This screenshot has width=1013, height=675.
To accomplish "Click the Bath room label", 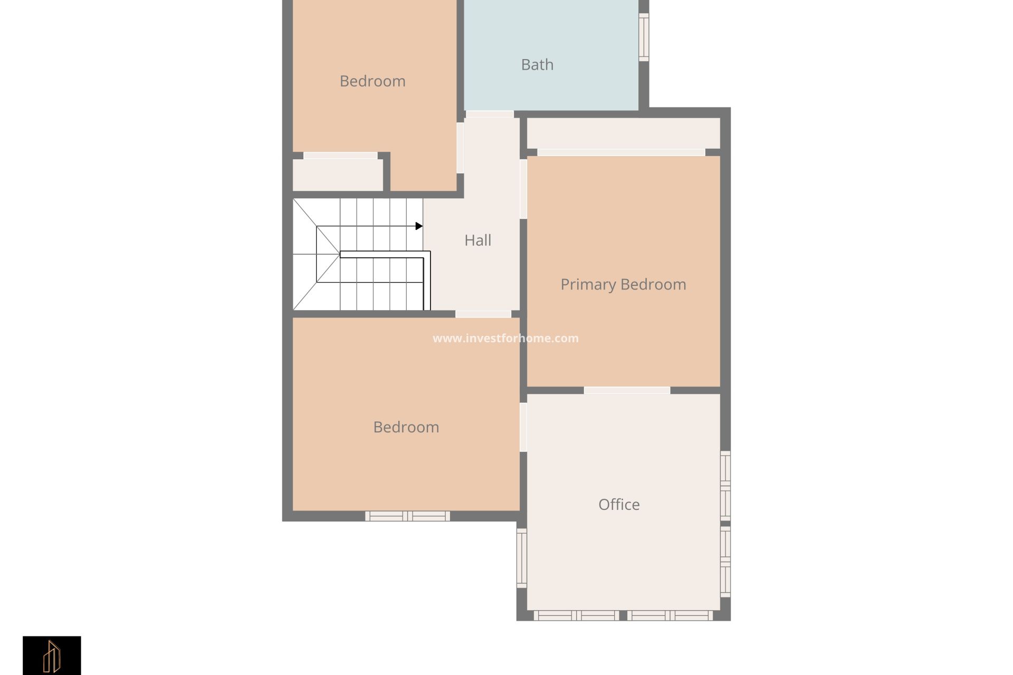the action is tap(537, 65).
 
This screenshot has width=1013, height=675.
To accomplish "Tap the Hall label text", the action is tap(477, 240).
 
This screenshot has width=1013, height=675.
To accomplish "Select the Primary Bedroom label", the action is tap(623, 285).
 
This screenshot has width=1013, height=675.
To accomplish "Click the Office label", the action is tap(619, 505).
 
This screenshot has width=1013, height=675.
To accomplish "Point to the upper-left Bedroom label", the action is tap(372, 81).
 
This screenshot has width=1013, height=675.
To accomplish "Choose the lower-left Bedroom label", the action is tap(406, 427).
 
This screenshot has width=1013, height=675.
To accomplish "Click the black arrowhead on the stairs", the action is tap(419, 226).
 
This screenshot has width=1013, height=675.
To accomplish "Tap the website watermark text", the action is tap(505, 339).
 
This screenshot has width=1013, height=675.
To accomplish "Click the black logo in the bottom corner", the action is tap(52, 655).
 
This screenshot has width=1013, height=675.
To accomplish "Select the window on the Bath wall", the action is tap(644, 37).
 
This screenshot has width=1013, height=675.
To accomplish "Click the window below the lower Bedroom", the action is tap(408, 516).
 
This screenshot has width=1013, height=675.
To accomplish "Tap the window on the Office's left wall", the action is tap(521, 558).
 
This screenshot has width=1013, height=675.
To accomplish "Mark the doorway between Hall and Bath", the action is tap(490, 114).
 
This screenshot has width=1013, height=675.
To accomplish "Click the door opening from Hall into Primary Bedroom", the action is tap(523, 189).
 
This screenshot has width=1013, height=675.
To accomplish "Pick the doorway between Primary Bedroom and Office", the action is tap(627, 390).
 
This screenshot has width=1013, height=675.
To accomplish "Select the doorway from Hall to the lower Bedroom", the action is tap(483, 314).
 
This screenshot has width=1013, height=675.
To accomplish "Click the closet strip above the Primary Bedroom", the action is tap(624, 133).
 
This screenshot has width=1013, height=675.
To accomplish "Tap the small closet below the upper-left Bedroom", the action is tap(338, 175).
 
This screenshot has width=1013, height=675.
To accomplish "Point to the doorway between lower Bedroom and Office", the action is tap(523, 427).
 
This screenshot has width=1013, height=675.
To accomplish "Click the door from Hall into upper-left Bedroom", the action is tap(460, 148).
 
